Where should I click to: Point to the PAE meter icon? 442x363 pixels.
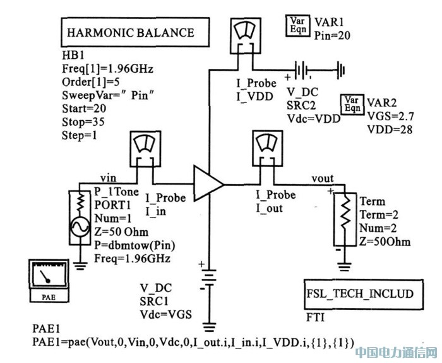pos(49,276)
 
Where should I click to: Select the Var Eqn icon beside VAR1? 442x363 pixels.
pos(297,25)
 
